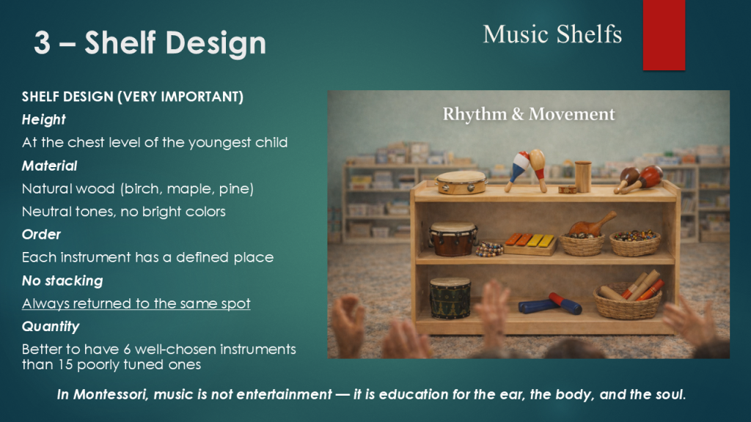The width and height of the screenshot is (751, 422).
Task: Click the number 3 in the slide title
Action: point(42,42)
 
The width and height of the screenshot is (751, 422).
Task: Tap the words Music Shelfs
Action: point(552,34)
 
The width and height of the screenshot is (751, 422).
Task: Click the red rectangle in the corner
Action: point(664,35)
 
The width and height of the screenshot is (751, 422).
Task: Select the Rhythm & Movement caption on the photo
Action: point(528,114)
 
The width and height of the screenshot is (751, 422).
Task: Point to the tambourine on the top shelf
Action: point(461,182)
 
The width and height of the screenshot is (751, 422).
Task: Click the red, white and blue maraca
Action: point(517,170)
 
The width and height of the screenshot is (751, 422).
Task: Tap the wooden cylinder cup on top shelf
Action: point(583,177)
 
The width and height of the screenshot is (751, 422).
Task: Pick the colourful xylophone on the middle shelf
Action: point(531,243)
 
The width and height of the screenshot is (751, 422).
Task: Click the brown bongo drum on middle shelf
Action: point(453,239)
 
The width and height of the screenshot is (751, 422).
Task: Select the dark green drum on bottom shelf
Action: point(450,297)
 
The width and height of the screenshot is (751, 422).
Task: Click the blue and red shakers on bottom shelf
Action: point(550,304)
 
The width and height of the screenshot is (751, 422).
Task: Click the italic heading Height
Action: point(43,119)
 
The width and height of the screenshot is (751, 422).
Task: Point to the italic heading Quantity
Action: point(51,327)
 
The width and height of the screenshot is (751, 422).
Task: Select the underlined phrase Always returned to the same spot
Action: point(136,303)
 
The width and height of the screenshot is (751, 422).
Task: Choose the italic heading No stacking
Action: point(62,281)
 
